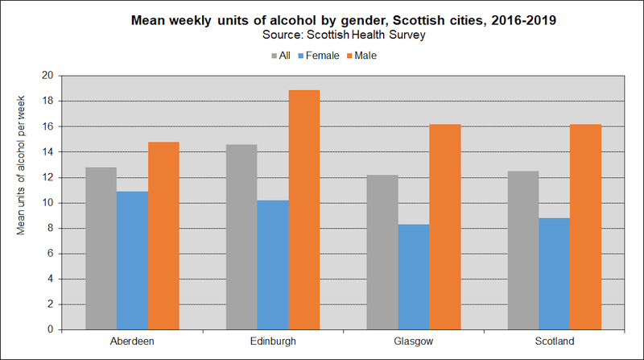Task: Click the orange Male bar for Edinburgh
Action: pyautogui.click(x=304, y=209)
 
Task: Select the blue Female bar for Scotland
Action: pyautogui.click(x=555, y=273)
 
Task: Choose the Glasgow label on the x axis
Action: pyautogui.click(x=413, y=341)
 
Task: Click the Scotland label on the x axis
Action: pyautogui.click(x=554, y=341)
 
